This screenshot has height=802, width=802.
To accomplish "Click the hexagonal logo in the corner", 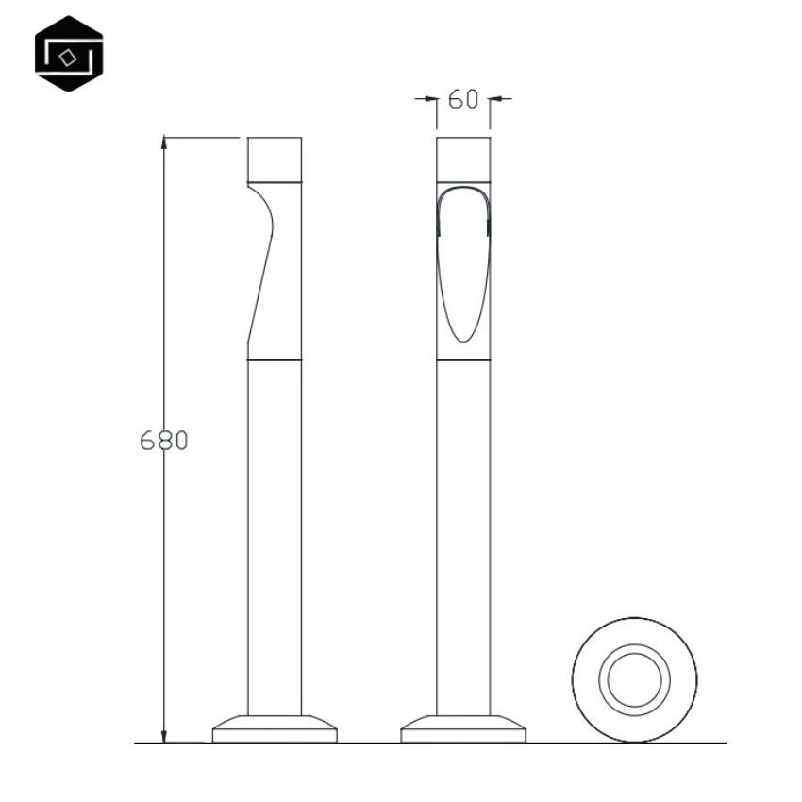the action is coord(69,54).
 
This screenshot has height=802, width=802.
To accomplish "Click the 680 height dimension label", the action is coord(163,441).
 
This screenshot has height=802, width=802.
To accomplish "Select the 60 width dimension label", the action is coord(463,99).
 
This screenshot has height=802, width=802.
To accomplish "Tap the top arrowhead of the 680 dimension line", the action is coord(163,142).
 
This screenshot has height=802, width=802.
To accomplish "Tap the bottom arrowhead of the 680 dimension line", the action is coord(163,736).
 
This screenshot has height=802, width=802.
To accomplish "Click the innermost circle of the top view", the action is coord(634,679).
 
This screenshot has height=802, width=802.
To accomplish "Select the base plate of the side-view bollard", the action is coord(275,728).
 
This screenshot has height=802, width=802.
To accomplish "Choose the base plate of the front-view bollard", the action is coord(463,728).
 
